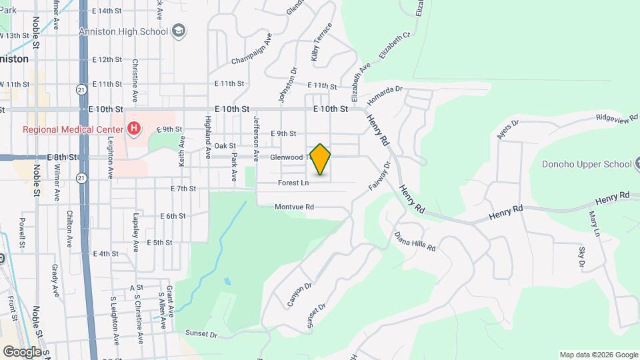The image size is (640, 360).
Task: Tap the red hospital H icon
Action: pos(134,128)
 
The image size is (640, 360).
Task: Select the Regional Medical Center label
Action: pos(70,129)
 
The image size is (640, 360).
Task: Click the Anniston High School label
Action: pos(124,31)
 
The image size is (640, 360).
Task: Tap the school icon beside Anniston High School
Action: pos(179,30)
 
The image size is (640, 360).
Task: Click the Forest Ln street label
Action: pos(293,182)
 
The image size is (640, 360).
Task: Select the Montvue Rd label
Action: pos(294,207)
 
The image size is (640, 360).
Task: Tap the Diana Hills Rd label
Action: pos(415,241)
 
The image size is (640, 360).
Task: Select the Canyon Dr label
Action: pos(300,295)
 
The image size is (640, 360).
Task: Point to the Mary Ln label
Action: pos(594,223)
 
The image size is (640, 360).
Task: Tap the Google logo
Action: pos(22,351)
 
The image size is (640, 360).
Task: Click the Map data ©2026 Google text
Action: pos(599,355)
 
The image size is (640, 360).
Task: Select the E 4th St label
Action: pos(105,254)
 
